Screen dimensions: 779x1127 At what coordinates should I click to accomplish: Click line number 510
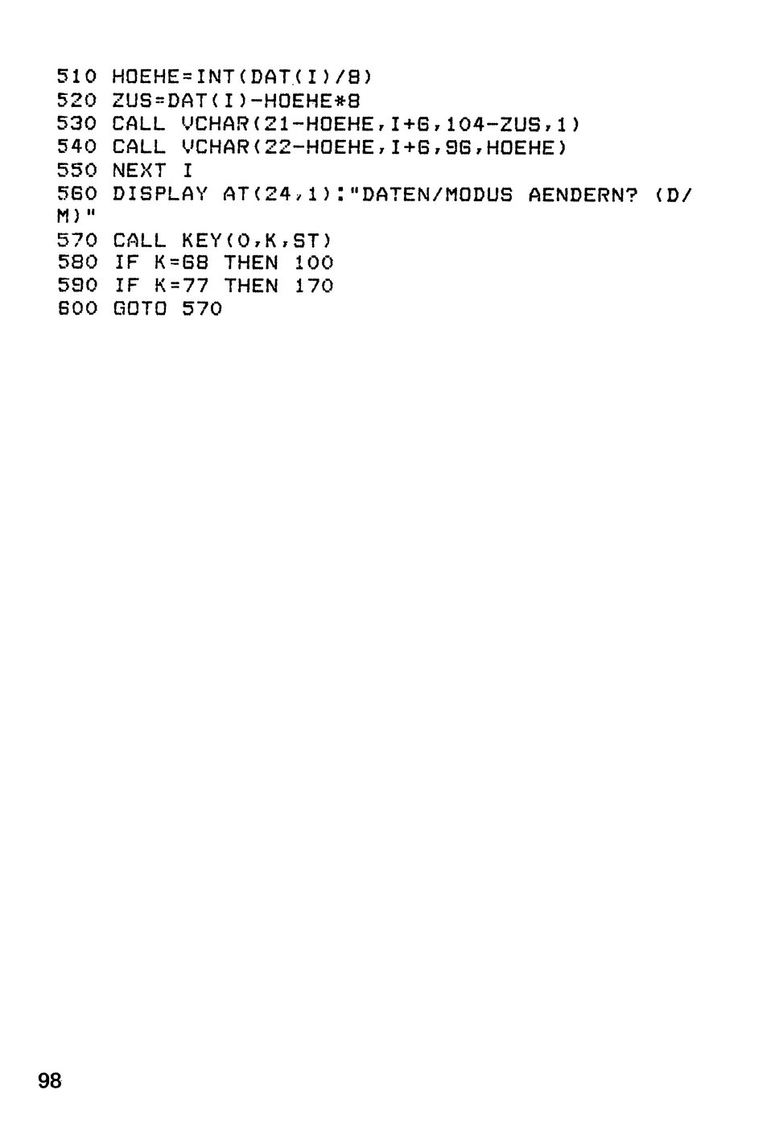pyautogui.click(x=76, y=76)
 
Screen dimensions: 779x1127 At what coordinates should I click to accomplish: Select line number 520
pyautogui.click(x=76, y=100)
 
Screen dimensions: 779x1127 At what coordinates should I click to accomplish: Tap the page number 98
pyautogui.click(x=50, y=1080)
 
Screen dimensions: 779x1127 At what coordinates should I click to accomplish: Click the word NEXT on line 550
pyautogui.click(x=138, y=171)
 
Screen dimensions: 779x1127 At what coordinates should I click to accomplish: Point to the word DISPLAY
pyautogui.click(x=160, y=194)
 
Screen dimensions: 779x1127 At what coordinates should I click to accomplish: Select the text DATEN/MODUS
pyautogui.click(x=437, y=194)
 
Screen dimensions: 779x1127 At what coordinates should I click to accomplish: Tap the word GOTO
pyautogui.click(x=139, y=308)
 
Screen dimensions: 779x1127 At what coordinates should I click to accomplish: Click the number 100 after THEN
pyautogui.click(x=314, y=262)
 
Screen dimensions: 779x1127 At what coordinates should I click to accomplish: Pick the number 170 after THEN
pyautogui.click(x=314, y=286)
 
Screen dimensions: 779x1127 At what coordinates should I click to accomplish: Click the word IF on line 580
pyautogui.click(x=126, y=262)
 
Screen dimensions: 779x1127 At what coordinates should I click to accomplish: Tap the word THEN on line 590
pyautogui.click(x=251, y=286)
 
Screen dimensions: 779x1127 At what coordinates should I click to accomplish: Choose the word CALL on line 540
pyautogui.click(x=138, y=147)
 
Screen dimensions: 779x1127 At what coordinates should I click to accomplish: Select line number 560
pyautogui.click(x=76, y=194)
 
